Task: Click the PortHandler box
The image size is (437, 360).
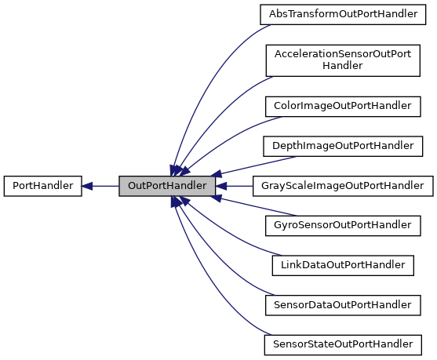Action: [x=42, y=187]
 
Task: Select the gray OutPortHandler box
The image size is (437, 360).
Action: [x=166, y=187]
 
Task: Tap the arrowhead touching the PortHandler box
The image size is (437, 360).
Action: [x=88, y=187]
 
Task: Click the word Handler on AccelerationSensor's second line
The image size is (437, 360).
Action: [x=342, y=66]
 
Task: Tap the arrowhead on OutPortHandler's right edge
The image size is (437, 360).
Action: [x=221, y=187]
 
